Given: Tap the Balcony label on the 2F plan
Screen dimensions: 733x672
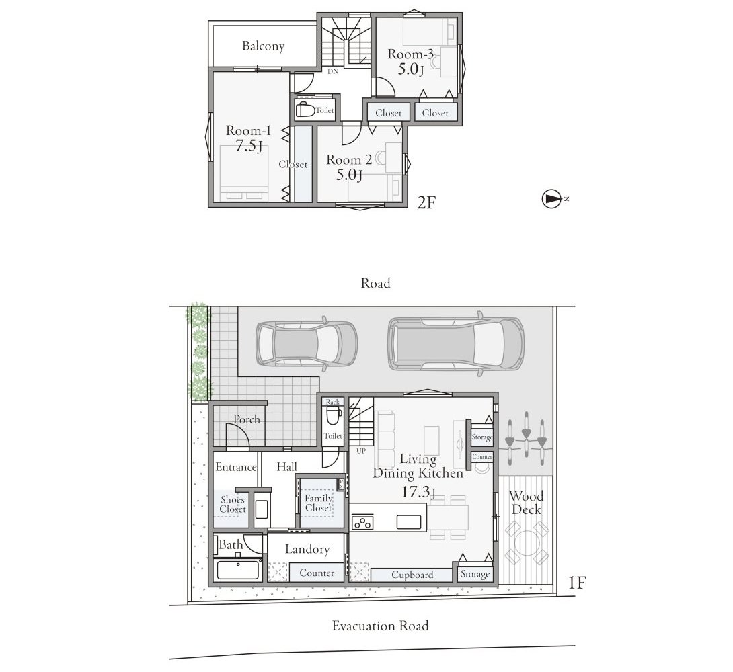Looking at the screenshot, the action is [263, 46].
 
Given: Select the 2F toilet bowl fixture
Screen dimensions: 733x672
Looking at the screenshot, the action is [305, 110].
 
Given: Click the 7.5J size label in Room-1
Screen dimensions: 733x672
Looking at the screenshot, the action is [249, 146].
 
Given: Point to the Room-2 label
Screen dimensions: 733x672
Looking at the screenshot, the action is [349, 160].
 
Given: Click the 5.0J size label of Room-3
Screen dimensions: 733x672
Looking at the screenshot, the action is [411, 70].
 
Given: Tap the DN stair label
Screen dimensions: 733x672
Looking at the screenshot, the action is [332, 71].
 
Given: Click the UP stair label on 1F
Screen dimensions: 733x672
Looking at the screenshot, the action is [361, 451].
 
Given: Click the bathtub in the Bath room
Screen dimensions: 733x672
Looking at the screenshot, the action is [238, 569].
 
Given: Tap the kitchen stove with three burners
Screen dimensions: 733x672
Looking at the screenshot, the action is [362, 521].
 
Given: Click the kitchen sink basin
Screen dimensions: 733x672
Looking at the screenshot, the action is [409, 521].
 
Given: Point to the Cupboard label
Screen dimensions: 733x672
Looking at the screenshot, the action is [412, 575].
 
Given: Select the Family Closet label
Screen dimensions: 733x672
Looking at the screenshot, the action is [318, 503].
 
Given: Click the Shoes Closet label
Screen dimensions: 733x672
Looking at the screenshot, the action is [233, 505].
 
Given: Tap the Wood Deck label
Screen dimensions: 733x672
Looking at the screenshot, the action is [526, 503].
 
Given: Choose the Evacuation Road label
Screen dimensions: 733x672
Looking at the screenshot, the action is [380, 626].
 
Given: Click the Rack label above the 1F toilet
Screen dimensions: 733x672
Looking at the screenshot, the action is [333, 402].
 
